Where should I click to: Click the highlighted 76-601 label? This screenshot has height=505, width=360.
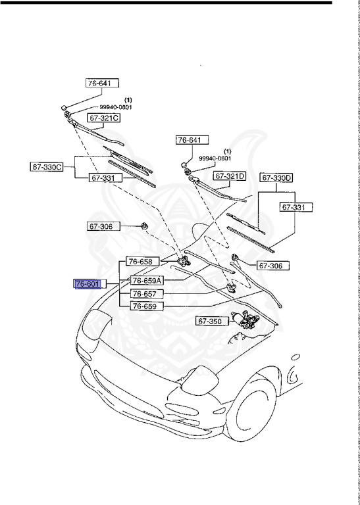(x=88, y=284)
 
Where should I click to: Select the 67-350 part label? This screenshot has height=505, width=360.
(x=210, y=322)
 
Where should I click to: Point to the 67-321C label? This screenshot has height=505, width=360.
(x=105, y=118)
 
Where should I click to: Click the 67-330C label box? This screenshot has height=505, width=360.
(x=47, y=166)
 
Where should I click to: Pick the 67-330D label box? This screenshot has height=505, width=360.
(x=277, y=178)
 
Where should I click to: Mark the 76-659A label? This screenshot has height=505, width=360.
(x=146, y=279)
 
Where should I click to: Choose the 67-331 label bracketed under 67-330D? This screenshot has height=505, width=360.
(x=296, y=207)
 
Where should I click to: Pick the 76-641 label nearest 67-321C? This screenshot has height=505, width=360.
(x=102, y=84)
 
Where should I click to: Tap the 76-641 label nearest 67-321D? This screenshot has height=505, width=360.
(x=192, y=140)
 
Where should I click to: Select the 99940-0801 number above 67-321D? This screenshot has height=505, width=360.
(x=215, y=158)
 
